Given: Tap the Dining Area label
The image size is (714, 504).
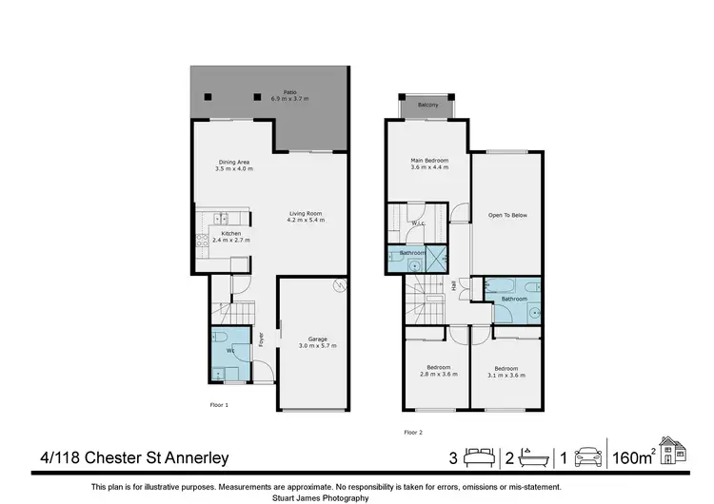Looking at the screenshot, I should tap(233, 165).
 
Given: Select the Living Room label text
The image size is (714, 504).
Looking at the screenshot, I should tap(306, 216).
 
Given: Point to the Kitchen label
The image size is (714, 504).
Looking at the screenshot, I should tap(231, 237).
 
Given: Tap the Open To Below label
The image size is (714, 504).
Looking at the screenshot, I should tap(507, 215).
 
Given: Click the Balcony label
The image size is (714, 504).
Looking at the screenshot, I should tap(427, 105).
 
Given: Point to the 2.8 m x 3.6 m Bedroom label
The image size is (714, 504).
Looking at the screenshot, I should tap(438, 371).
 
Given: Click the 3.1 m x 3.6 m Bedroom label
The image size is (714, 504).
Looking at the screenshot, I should tap(506, 371).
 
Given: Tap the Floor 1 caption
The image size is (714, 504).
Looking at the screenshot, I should tap(219, 404).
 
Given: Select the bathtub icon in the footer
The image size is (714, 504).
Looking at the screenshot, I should tap(536, 458).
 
